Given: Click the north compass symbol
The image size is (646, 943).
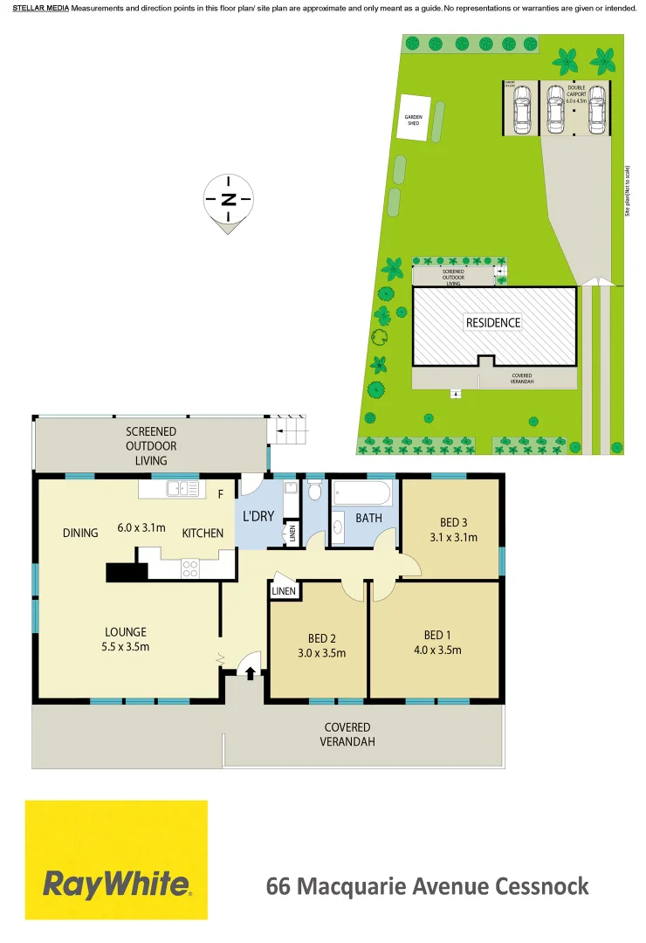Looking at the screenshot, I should tap(228, 200).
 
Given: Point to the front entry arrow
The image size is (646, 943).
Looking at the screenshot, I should tap(251, 673).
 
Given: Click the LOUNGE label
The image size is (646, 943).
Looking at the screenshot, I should tap(126, 632).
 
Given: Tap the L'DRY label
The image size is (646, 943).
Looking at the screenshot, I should tap(258, 516).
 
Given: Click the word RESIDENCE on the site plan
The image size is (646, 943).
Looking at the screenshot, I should tap(492, 322).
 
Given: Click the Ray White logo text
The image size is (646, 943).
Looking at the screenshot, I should tap(116, 885).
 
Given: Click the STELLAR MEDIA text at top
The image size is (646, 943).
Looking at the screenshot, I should tap(40, 8).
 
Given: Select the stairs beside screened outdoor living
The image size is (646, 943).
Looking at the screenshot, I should tap(288, 429).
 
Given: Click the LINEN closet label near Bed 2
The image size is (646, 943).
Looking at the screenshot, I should tap(284, 591).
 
